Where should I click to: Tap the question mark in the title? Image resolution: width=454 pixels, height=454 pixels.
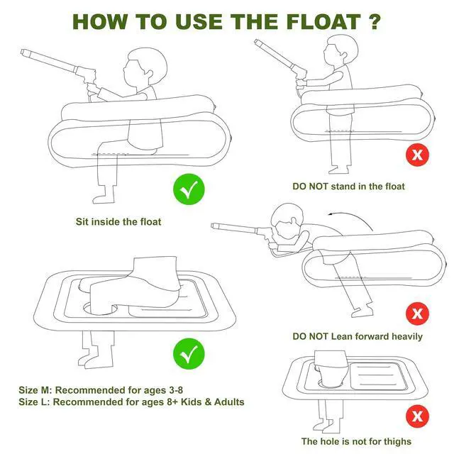(x=375, y=21)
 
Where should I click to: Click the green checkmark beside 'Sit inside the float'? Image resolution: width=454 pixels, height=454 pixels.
(x=189, y=189)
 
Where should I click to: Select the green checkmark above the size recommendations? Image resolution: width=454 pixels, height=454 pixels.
(x=189, y=354)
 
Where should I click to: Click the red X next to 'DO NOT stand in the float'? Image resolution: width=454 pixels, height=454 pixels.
(x=417, y=155)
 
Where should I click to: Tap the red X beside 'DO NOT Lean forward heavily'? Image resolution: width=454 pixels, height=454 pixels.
(x=417, y=314)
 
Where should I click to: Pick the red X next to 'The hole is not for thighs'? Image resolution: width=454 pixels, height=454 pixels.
(x=417, y=416)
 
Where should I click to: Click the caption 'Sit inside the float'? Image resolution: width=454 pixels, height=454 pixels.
(x=118, y=222)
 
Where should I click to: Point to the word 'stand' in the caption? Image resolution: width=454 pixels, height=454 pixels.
(x=343, y=186)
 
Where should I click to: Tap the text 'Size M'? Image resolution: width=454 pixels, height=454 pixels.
(x=35, y=390)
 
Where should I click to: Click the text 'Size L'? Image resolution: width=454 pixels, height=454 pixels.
(x=34, y=402)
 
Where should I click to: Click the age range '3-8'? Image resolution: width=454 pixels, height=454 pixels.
(x=175, y=390)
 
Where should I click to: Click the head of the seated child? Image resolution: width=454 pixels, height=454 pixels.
(x=145, y=67)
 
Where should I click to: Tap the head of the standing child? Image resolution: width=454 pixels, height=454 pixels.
(x=340, y=51)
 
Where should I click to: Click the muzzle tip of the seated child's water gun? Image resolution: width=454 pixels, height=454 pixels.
(x=23, y=52)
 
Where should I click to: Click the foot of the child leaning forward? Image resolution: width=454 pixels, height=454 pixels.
(x=362, y=312)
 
